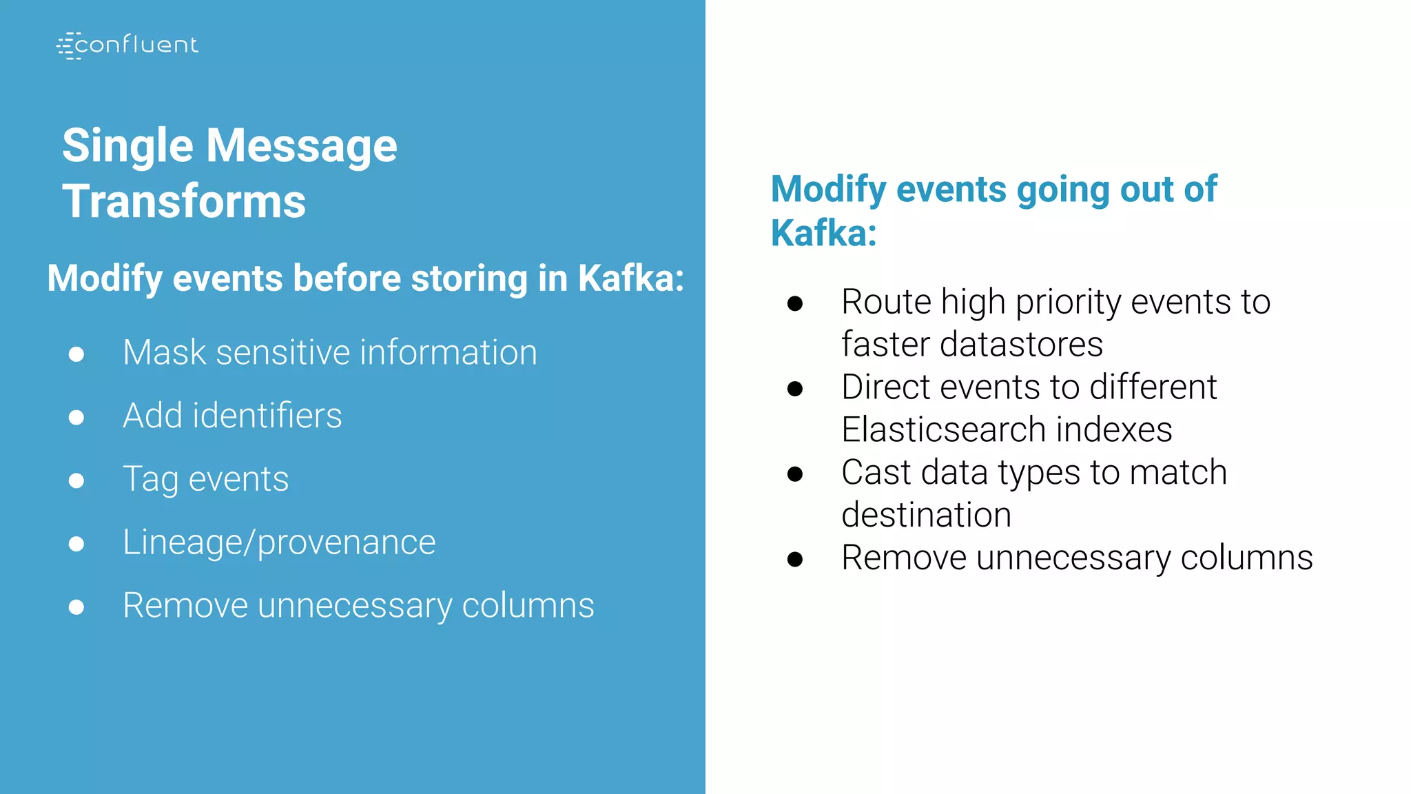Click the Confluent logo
point(127,45)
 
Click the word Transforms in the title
point(184,201)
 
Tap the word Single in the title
point(127,145)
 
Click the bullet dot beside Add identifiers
point(76,417)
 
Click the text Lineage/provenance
point(279,542)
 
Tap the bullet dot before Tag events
point(76,480)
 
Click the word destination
point(926,515)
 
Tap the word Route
point(885,302)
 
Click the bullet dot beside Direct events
point(795,389)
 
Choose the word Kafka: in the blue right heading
point(823,233)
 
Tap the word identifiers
point(267,416)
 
